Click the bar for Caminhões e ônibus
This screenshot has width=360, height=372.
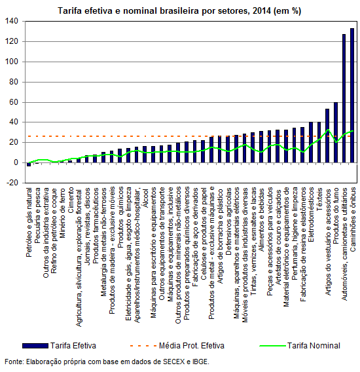click(352, 96)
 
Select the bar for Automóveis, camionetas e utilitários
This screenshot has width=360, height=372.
click(344, 98)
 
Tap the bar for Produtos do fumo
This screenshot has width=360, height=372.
click(336, 132)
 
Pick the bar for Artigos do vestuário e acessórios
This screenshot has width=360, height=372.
click(327, 136)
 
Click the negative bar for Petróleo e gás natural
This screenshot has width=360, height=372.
click(29, 164)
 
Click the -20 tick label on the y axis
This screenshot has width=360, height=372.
click(12, 183)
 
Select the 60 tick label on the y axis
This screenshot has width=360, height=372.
click(14, 102)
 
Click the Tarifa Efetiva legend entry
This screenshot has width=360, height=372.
click(60, 346)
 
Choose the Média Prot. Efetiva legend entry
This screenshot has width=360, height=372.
click(177, 346)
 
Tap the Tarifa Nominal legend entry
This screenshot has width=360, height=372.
click(300, 346)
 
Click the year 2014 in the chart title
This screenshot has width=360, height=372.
click(262, 11)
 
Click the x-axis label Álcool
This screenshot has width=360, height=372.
click(145, 198)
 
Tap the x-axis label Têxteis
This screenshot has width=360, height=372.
click(319, 199)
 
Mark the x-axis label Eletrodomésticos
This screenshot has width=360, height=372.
click(311, 215)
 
